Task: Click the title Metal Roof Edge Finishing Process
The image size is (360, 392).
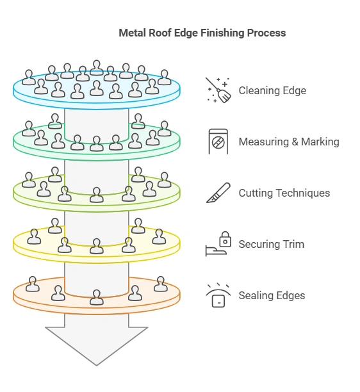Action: [x=202, y=33]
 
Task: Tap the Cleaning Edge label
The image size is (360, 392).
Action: [x=272, y=90]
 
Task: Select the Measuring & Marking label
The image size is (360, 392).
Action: [x=289, y=142]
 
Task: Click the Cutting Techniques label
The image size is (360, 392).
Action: [x=284, y=193]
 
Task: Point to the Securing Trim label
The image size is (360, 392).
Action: [x=271, y=244]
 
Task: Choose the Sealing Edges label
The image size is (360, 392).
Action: [x=272, y=295]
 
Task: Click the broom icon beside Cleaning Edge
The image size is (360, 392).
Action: [x=218, y=90]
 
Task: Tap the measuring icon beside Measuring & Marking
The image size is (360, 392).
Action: [x=218, y=142]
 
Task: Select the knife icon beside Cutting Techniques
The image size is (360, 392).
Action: [x=218, y=193]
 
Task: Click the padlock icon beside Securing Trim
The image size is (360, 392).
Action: [x=224, y=240]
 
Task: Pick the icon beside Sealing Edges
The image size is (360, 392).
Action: [x=218, y=295]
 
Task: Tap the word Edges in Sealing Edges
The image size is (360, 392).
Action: [x=290, y=295]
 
